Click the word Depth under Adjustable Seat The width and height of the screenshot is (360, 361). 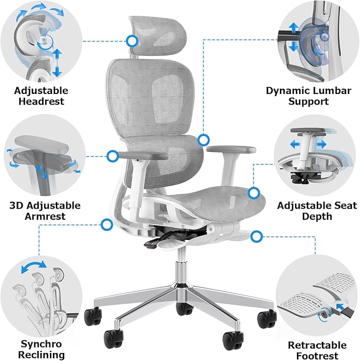click(x=317, y=216)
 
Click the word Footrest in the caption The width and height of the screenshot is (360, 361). click(x=317, y=356)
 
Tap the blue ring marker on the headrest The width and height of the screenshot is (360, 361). click(x=132, y=40)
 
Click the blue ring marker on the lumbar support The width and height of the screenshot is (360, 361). click(x=203, y=140)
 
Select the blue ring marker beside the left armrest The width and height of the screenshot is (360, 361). click(x=112, y=156)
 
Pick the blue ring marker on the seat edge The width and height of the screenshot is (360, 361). click(x=254, y=193)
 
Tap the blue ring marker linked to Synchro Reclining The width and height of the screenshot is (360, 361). click(x=107, y=225)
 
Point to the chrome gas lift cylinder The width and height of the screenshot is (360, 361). click(x=182, y=271)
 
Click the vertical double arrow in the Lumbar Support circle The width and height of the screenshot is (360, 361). click(x=292, y=37)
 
